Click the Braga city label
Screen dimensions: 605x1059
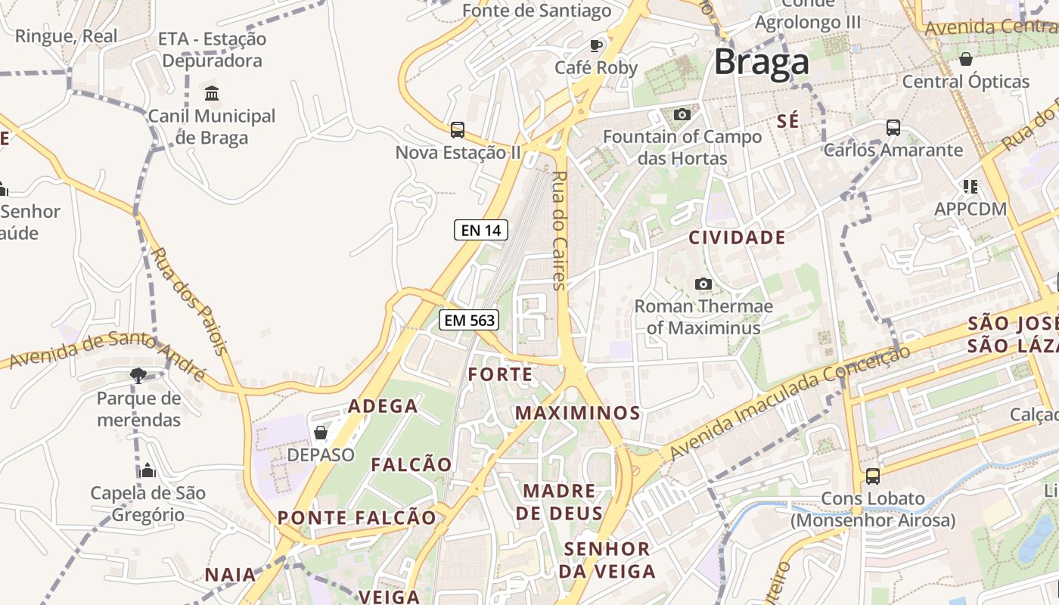(761, 62)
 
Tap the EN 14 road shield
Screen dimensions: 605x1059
(481, 230)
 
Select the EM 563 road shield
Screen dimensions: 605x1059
(469, 320)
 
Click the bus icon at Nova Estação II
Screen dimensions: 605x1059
(458, 130)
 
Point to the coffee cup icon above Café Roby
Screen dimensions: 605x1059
(596, 46)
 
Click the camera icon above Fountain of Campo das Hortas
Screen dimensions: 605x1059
(682, 114)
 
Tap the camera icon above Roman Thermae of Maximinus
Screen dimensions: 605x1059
(703, 284)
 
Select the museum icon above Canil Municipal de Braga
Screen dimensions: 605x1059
(212, 94)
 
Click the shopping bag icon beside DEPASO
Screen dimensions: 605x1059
(321, 433)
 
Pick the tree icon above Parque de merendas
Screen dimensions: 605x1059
(138, 375)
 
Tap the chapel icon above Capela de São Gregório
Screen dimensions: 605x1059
(148, 470)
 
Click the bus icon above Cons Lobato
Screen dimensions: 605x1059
(873, 476)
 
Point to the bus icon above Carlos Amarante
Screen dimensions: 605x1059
(893, 128)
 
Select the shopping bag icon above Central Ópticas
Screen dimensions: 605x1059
(965, 59)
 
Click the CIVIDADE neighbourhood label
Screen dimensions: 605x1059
(737, 237)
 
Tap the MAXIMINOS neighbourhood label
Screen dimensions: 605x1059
(578, 413)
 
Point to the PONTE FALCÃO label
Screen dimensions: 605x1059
(357, 518)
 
